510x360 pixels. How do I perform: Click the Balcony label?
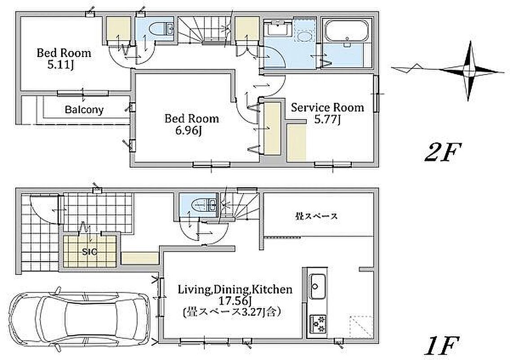84,110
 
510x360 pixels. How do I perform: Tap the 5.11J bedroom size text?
61,65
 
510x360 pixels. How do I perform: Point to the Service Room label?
327,108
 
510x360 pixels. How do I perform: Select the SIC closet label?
89,252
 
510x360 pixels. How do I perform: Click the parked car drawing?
78,322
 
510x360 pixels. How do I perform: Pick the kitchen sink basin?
317,286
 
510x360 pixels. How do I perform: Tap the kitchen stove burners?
318,324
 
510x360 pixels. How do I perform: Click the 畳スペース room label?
317,216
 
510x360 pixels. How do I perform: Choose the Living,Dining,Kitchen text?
235,289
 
